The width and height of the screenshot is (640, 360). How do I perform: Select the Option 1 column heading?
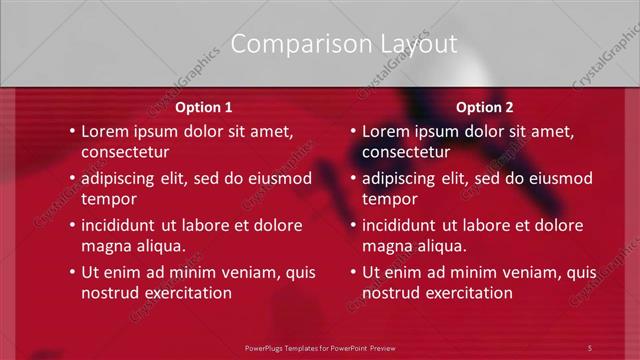pyautogui.click(x=204, y=107)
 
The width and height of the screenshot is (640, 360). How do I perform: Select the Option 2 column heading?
pyautogui.click(x=484, y=107)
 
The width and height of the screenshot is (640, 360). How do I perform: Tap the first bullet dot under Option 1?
pyautogui.click(x=72, y=131)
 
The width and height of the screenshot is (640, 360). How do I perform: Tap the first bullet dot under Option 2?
pyautogui.click(x=353, y=131)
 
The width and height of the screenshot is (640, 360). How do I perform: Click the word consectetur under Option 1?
pyautogui.click(x=125, y=153)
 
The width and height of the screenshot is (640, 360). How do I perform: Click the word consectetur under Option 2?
pyautogui.click(x=406, y=153)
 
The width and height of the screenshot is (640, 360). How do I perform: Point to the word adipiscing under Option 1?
pyautogui.click(x=120, y=179)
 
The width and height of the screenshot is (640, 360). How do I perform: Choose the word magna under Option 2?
pyautogui.click(x=384, y=247)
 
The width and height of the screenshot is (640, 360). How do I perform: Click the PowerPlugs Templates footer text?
pyautogui.click(x=320, y=347)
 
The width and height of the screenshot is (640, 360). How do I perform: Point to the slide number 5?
pyautogui.click(x=590, y=347)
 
